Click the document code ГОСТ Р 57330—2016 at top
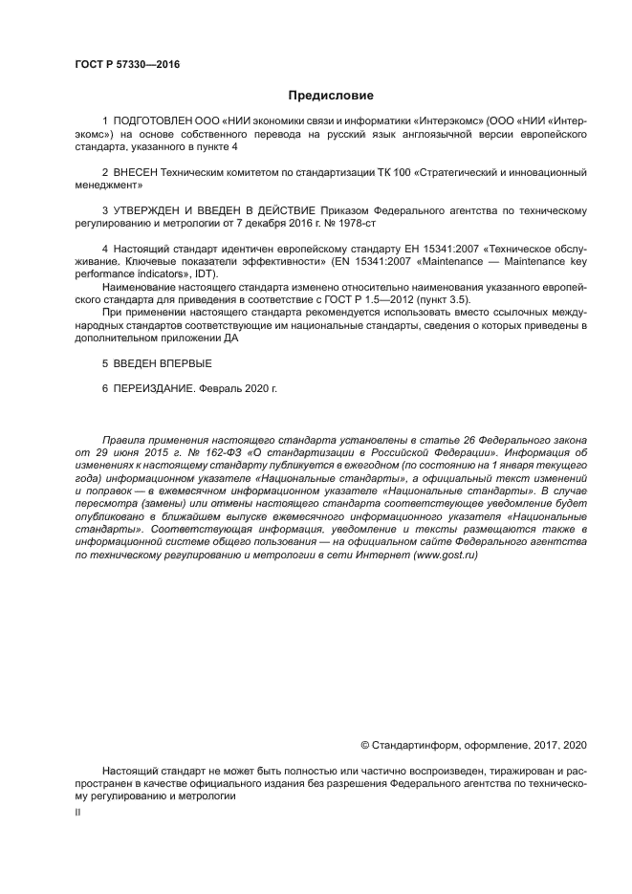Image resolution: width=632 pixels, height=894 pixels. (x=127, y=65)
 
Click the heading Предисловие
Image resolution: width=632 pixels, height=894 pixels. (x=331, y=96)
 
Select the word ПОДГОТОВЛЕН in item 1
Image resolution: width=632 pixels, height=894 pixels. (x=153, y=122)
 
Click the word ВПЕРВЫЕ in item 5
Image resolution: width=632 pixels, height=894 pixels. (x=182, y=364)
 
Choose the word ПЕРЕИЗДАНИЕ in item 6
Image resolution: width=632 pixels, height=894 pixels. (x=163, y=389)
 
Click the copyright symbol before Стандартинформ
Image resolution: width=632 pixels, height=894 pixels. (x=364, y=744)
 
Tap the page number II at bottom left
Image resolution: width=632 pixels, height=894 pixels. (x=78, y=811)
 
